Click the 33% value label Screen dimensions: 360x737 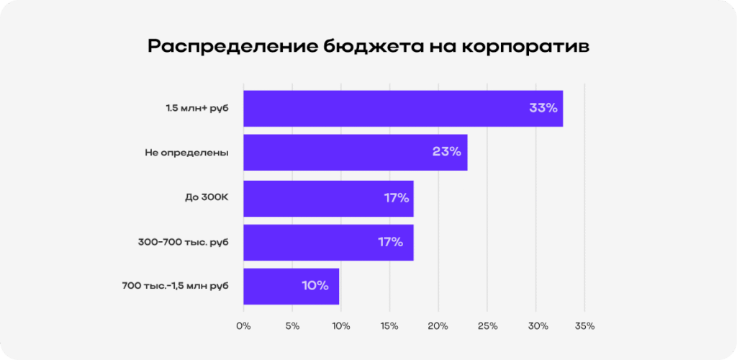543,109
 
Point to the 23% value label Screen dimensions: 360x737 446,153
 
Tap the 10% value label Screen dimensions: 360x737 315,286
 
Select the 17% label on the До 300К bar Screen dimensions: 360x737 396,198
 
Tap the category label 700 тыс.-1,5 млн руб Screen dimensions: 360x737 176,286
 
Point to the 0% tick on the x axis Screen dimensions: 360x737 243,326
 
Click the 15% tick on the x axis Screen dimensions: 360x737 389,326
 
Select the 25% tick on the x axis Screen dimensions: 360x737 487,326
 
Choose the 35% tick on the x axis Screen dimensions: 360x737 584,326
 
